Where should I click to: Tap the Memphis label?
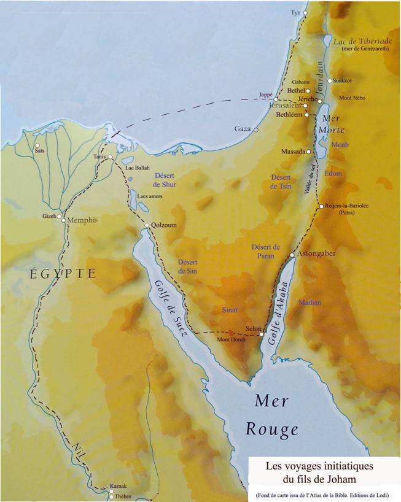click(82, 220)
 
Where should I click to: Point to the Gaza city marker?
click(256, 130)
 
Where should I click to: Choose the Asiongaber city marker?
click(292, 255)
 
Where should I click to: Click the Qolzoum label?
click(164, 225)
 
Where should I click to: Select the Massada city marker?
click(308, 152)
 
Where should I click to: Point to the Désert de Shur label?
click(165, 179)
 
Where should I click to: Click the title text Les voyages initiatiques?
click(319, 466)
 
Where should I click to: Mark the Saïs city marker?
click(37, 145)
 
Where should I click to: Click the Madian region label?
click(310, 302)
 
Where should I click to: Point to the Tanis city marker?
click(110, 157)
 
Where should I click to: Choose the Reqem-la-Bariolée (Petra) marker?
click(321, 207)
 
